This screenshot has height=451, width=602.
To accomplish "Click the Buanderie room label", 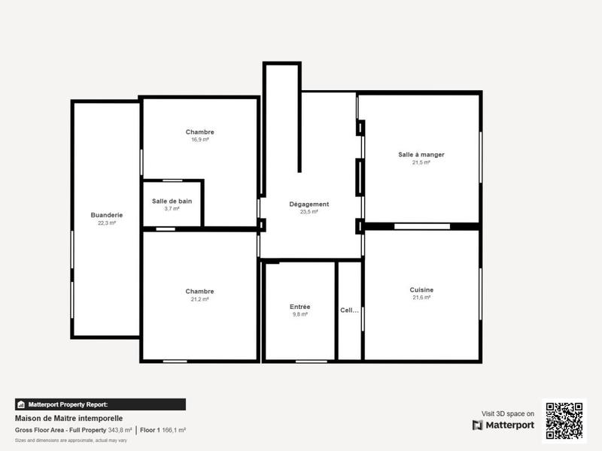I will [107, 215].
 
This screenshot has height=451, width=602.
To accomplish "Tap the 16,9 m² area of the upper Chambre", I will [199, 140].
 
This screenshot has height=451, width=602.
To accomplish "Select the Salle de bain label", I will [172, 201].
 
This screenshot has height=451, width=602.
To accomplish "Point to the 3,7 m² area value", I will [172, 208].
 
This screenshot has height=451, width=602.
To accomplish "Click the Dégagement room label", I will [309, 204].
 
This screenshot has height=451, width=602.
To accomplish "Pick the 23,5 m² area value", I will [309, 212].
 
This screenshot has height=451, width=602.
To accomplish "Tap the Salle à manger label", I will [421, 155].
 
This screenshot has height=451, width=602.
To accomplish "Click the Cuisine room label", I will [421, 290].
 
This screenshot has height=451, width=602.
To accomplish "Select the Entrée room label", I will [299, 307].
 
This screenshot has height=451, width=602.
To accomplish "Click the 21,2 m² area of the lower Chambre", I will [199, 299].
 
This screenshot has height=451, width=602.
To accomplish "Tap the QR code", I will [564, 421].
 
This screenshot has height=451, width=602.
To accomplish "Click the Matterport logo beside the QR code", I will [503, 425].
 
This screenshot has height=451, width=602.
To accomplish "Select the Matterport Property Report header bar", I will [100, 404].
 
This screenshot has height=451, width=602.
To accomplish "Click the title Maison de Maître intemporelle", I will [68, 419].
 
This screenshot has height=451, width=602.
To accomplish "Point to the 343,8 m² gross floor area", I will [120, 430].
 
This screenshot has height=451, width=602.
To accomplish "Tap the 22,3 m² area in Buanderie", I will [107, 223].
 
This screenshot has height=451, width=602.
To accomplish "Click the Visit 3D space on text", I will [508, 413].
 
